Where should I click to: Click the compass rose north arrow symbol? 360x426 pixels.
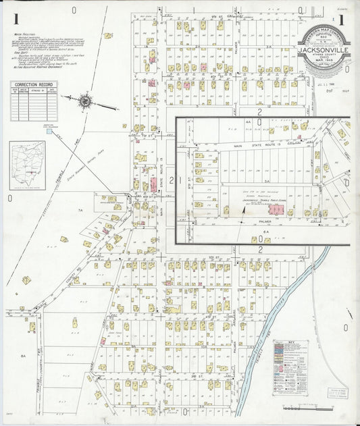(x=86, y=102)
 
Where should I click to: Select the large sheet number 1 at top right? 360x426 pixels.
(x=341, y=20)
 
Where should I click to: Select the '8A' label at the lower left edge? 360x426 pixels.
(x=22, y=355)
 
